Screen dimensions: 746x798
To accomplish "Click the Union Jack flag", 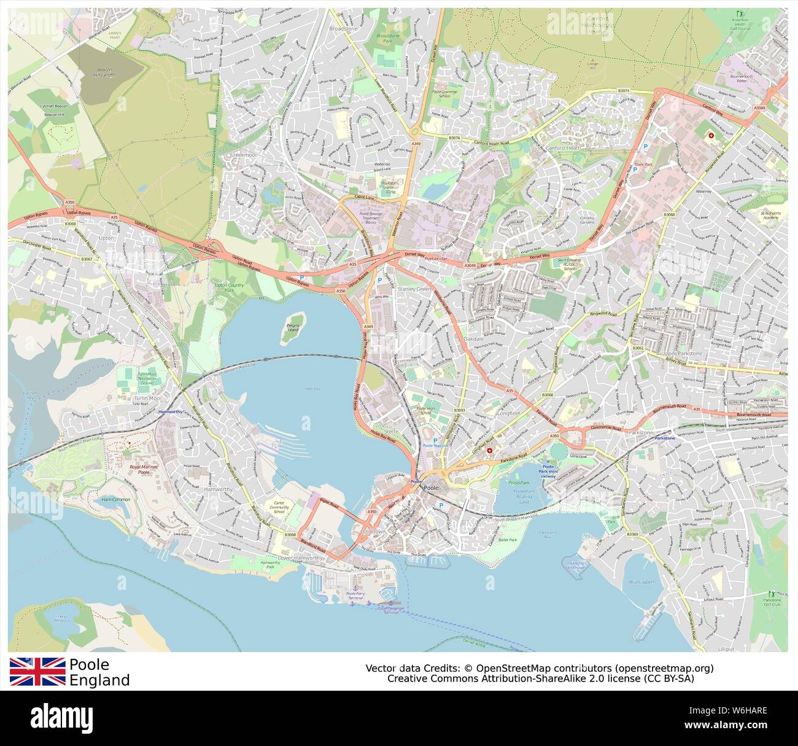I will click(x=37, y=671).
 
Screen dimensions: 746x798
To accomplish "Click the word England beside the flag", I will click(x=99, y=680).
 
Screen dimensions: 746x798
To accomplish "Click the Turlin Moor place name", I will click(x=146, y=398).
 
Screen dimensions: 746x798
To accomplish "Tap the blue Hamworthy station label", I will click(x=171, y=411).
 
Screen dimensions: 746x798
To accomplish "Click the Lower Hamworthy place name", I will click(x=300, y=558).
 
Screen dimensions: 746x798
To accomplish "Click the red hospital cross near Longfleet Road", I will click(x=489, y=450).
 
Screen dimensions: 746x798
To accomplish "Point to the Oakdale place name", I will click(x=474, y=338).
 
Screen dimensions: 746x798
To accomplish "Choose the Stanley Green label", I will click(x=414, y=288).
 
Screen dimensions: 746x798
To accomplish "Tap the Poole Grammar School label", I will click(x=445, y=93).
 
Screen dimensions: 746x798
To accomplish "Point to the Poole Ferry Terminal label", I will click(x=355, y=596).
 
